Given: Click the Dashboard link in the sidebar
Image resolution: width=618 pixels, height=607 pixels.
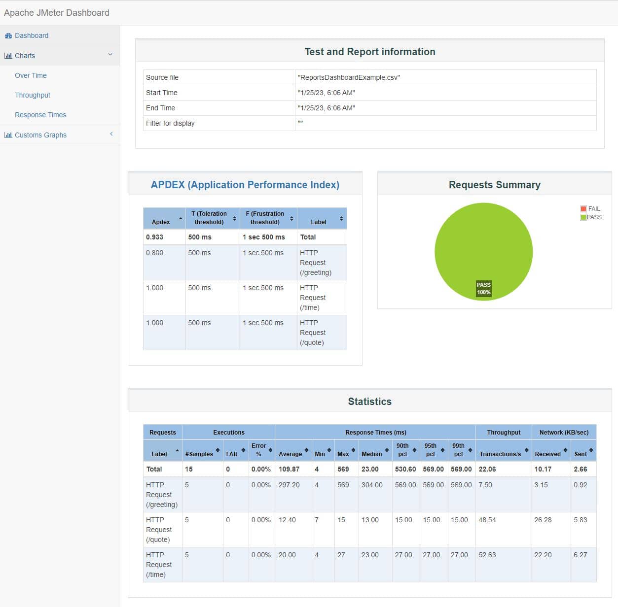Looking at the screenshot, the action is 32,35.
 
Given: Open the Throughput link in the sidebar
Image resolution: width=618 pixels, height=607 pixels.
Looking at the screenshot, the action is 33,95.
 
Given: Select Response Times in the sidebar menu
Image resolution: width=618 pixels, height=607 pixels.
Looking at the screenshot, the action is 40,115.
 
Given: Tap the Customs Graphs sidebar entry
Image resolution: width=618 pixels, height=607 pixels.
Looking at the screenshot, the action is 40,135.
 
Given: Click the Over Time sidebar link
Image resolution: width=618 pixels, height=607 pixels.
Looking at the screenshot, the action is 31,75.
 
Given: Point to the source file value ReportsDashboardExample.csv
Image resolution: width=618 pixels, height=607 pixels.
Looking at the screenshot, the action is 349,77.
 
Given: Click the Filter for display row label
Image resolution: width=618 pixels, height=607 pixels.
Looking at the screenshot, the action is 170,123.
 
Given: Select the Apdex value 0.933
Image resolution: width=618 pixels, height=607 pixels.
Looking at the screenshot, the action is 154,237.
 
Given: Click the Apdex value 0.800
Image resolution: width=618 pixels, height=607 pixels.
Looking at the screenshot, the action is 154,253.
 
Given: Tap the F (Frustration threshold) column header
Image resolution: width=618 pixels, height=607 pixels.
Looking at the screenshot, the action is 265,218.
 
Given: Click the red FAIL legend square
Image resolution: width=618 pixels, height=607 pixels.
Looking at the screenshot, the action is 583,208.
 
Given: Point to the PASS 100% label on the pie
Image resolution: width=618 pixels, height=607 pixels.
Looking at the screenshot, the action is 483,288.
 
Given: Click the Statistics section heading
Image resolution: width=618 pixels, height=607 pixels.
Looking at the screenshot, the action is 370,401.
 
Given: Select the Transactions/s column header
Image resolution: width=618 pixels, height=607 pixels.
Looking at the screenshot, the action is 500,454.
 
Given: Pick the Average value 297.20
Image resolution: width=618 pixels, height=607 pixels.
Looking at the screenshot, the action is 289,485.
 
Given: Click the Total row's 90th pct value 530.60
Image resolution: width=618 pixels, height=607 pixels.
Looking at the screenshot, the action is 405,469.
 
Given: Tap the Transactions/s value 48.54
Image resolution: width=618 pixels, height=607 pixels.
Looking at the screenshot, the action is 487,519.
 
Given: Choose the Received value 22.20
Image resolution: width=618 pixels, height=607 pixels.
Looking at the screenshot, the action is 543,554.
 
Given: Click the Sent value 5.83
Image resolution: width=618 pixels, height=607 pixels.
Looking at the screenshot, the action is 581,519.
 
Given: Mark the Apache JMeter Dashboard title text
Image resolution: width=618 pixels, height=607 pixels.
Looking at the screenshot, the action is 56,12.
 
